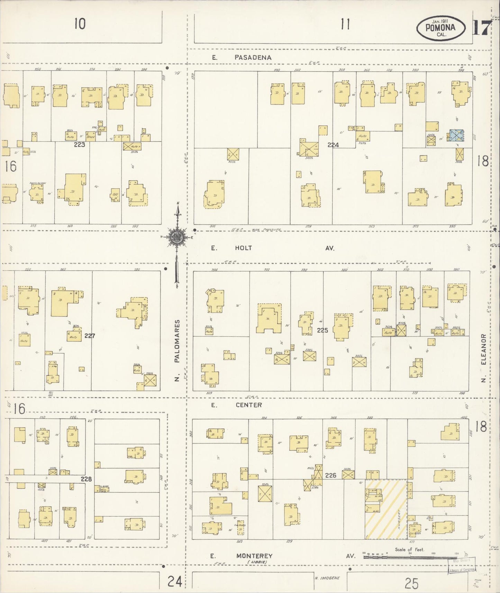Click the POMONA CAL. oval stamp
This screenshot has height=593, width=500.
(x=440, y=28)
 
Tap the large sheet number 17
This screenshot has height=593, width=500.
(x=481, y=28)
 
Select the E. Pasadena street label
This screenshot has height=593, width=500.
(x=242, y=57)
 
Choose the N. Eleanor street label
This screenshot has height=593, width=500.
(x=483, y=358)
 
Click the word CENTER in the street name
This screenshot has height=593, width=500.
(x=249, y=405)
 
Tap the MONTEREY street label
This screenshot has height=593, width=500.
(x=254, y=556)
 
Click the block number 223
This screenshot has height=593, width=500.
(x=79, y=145)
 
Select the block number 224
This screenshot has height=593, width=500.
(x=333, y=145)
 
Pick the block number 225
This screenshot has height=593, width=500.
(x=322, y=330)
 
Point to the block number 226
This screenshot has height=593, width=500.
(x=330, y=475)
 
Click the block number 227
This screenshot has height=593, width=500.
(x=89, y=335)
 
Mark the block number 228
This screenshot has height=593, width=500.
(x=86, y=479)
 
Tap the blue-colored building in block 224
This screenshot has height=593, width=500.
(x=456, y=135)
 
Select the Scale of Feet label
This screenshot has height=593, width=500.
(x=410, y=549)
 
